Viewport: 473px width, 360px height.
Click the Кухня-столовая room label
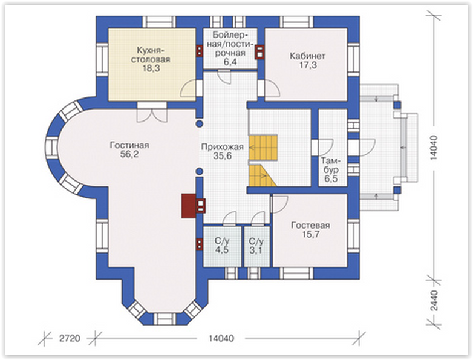click(x=151, y=54)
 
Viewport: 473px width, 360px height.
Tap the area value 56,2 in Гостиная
click(x=129, y=154)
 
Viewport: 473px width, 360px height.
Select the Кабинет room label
click(x=307, y=56)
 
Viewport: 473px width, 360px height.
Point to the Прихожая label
click(x=223, y=147)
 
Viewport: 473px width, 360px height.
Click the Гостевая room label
click(x=310, y=226)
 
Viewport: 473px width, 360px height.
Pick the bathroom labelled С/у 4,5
click(x=222, y=245)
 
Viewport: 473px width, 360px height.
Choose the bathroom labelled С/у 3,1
click(x=256, y=245)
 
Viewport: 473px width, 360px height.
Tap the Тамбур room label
click(x=331, y=165)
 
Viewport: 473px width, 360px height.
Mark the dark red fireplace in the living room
click(x=189, y=206)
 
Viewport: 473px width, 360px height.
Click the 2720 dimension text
click(x=70, y=338)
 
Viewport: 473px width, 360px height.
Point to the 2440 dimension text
click(x=434, y=300)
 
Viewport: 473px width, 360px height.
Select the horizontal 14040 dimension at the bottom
click(x=221, y=338)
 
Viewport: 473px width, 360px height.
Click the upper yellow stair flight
click(x=263, y=148)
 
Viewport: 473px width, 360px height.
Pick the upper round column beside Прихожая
click(x=199, y=123)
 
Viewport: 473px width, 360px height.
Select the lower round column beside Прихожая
click(x=199, y=171)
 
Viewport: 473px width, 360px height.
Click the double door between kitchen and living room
click(x=152, y=113)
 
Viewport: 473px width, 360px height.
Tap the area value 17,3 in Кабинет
click(x=308, y=65)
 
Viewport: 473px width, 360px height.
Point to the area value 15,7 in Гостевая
click(x=311, y=235)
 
